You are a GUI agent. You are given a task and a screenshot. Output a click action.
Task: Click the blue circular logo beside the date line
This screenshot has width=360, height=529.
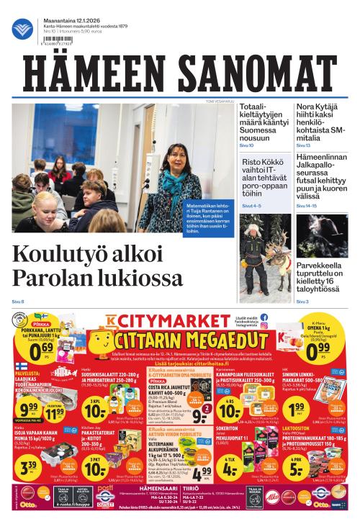click(22, 29)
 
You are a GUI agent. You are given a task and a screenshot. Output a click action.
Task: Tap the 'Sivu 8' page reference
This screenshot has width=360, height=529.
click(18, 301)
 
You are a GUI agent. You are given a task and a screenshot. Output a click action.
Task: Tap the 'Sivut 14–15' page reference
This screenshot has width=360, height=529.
click(307, 206)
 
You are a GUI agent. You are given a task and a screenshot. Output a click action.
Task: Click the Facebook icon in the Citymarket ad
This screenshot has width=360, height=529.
click(264, 317)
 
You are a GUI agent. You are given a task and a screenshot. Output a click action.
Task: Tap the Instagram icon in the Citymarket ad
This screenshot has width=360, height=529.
click(264, 326)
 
